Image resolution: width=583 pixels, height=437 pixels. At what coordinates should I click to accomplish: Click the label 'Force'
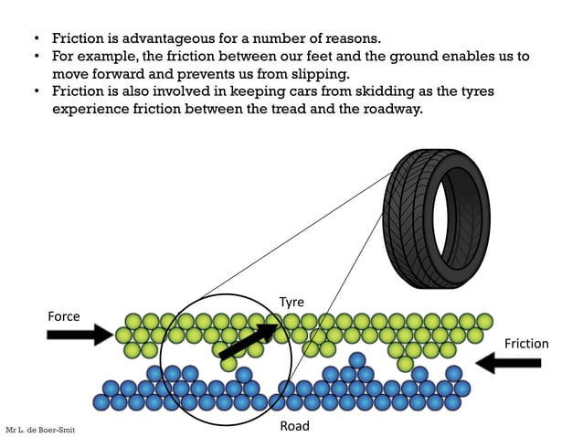pos(64,316)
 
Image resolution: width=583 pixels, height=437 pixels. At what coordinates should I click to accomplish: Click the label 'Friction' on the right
pos(526,344)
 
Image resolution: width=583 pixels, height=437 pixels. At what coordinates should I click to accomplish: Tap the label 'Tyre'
pos(291,302)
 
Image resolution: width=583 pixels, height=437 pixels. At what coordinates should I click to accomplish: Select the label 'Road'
pos(294,426)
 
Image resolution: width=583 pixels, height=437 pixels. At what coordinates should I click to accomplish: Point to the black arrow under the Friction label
pos(509,364)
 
